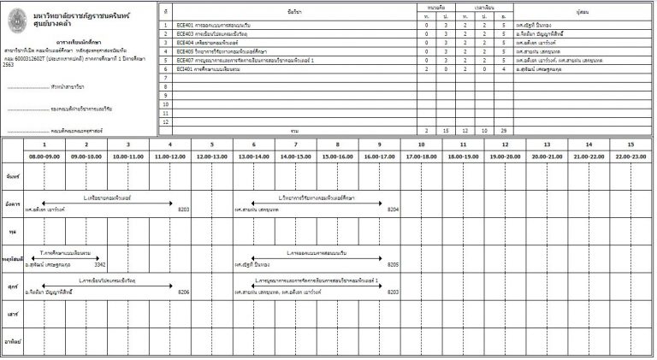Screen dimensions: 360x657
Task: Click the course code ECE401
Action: point(184,26)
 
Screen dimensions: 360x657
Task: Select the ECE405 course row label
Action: point(184,50)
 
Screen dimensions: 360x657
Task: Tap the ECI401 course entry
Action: point(183,68)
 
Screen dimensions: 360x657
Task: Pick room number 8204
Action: point(393,209)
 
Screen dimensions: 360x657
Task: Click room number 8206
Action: point(183,292)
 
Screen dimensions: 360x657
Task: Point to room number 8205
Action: point(393,265)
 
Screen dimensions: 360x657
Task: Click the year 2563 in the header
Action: point(9,64)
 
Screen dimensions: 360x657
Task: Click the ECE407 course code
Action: point(184,59)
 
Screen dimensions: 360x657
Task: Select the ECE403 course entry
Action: point(184,34)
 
